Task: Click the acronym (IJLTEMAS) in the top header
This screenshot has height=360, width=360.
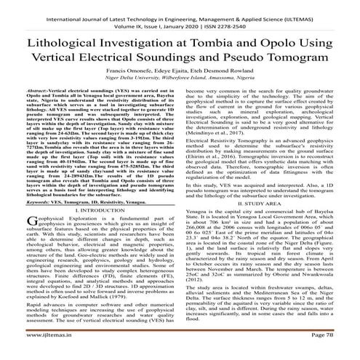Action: pyautogui.click(x=314, y=6)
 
